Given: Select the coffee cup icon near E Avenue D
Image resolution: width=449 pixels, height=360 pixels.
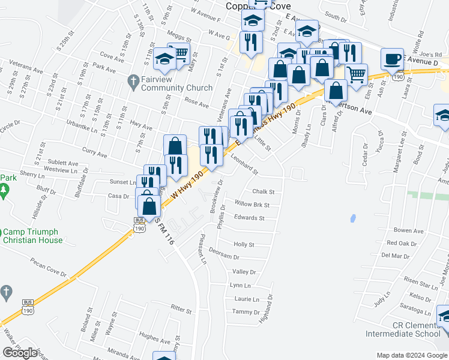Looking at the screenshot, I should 393,59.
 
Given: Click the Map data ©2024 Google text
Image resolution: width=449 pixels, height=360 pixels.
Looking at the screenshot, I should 412,355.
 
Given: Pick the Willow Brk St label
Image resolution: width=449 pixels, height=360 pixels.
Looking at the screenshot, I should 252,205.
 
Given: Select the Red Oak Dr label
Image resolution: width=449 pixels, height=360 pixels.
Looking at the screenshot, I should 402,243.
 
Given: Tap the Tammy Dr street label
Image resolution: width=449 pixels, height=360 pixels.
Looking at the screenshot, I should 246,312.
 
